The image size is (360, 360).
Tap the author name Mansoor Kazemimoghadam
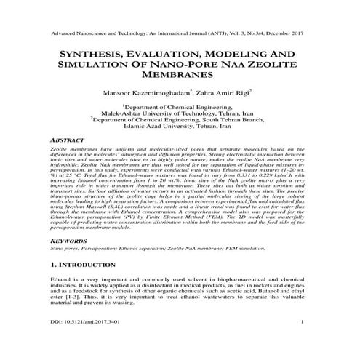[142, 94]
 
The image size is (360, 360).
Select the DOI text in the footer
[85, 340]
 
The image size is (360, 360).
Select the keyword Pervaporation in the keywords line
[96, 248]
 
